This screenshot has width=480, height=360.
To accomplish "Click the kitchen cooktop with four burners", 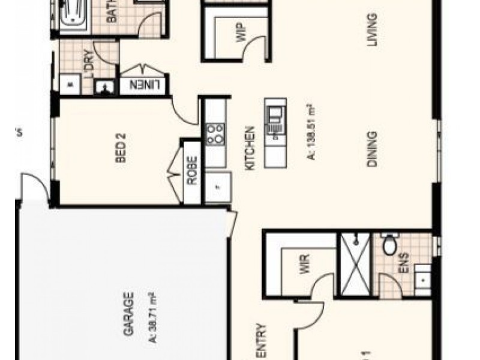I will click(215, 133).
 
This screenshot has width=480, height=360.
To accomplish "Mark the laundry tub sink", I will click(106, 86).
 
